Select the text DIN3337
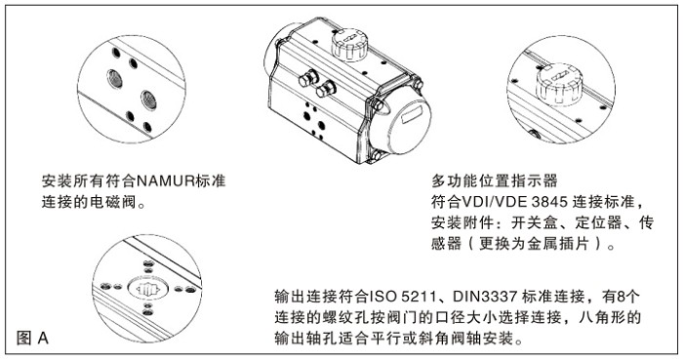tap(499, 297)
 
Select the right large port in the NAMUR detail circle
tap(149, 97)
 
